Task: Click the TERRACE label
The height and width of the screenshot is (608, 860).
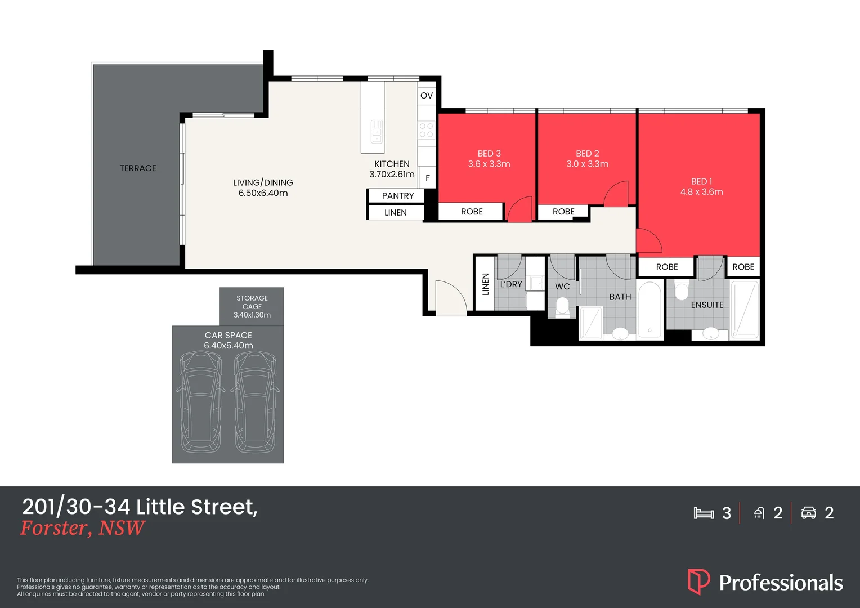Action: [x=138, y=168]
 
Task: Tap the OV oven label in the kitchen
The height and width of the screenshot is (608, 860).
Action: [x=427, y=96]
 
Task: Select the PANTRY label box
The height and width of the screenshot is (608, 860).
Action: [x=397, y=196]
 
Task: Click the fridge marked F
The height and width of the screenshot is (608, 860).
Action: [x=428, y=178]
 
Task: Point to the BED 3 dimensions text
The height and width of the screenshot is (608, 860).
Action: [x=489, y=164]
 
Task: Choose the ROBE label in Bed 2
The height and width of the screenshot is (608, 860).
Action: [x=563, y=212]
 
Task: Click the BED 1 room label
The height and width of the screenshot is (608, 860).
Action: [x=701, y=181]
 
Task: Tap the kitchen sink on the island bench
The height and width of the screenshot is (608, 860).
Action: [x=377, y=132]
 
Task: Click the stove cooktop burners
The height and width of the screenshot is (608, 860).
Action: [x=426, y=131]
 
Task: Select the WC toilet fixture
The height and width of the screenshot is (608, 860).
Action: [x=562, y=307]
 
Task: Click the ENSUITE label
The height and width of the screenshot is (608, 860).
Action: [x=707, y=305]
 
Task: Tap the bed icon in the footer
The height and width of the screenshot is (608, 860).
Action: [x=704, y=513]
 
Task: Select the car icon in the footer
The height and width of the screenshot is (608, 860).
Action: [x=809, y=513]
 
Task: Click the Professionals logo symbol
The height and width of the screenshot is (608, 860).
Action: [x=698, y=582]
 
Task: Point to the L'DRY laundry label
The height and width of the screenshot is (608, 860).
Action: [x=511, y=284]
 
